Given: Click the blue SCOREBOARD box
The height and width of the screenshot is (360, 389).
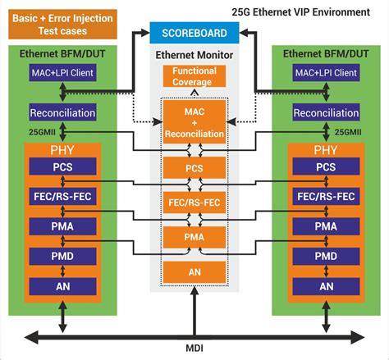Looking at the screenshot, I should [194, 32].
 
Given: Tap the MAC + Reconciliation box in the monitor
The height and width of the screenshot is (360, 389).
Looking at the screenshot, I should [194, 121].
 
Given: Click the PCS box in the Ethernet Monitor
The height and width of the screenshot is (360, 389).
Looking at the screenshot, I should [194, 168].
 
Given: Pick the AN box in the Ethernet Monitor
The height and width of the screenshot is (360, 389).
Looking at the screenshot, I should [194, 272].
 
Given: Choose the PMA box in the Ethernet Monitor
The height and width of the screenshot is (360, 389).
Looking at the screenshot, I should [194, 238].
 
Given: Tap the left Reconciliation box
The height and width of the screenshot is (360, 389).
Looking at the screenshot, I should [62, 112].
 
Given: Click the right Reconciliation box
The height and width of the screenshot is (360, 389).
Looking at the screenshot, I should [326, 112].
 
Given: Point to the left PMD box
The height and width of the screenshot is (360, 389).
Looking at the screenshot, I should [62, 256].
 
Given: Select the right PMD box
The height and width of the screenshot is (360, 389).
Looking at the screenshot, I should [326, 256].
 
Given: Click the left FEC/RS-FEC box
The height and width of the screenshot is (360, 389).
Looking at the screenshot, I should [62, 196].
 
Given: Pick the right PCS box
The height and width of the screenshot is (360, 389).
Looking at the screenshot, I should [326, 166].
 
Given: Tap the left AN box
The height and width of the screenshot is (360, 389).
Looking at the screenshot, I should [62, 286].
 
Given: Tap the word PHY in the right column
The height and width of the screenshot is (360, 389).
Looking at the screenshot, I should [326, 150].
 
